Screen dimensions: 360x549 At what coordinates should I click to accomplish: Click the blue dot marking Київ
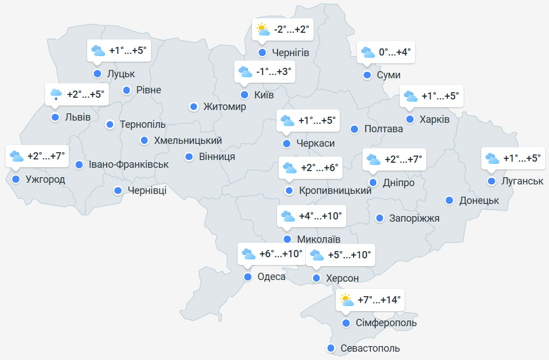[244, 94]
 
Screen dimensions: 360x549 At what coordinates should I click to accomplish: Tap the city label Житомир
[224, 107]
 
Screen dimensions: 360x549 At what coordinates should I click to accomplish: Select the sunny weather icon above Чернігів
[262, 29]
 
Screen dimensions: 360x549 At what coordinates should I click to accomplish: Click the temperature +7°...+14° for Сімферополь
[379, 300]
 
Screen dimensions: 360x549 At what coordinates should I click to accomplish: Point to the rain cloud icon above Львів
[56, 94]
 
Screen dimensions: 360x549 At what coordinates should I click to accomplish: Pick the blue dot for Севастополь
[331, 348]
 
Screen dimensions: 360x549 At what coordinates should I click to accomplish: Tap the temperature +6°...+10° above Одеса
[281, 254]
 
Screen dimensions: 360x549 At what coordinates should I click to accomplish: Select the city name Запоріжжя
[415, 218]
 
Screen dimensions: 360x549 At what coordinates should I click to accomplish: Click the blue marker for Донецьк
[449, 200]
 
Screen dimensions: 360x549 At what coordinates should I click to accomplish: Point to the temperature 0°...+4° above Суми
[394, 52]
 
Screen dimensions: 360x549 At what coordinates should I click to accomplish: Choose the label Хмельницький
[188, 141]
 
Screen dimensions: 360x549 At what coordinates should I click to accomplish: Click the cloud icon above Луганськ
[492, 158]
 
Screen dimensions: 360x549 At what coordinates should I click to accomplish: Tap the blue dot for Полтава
[354, 129]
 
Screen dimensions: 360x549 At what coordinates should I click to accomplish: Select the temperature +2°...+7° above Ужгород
[47, 156]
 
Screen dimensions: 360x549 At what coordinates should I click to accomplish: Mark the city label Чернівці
[147, 191]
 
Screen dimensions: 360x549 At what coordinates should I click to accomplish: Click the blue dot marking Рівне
[127, 90]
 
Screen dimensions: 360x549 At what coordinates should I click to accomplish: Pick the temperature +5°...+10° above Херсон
[349, 256]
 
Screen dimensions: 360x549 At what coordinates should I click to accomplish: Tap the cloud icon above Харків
[411, 96]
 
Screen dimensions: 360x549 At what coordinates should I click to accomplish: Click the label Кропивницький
[335, 191]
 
